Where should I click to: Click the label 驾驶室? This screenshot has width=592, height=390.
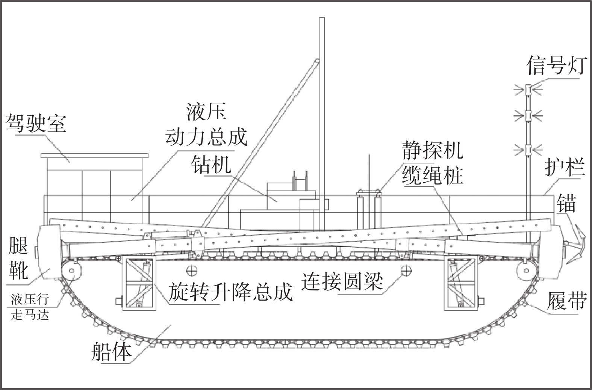tap(36, 123)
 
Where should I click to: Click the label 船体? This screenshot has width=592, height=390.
tap(112, 352)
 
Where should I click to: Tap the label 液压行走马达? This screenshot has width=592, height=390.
tap(30, 307)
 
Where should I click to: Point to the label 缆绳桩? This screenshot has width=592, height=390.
tap(432, 175)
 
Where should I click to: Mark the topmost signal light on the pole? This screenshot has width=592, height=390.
tap(528, 89)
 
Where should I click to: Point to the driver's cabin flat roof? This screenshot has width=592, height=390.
tap(95, 155)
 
